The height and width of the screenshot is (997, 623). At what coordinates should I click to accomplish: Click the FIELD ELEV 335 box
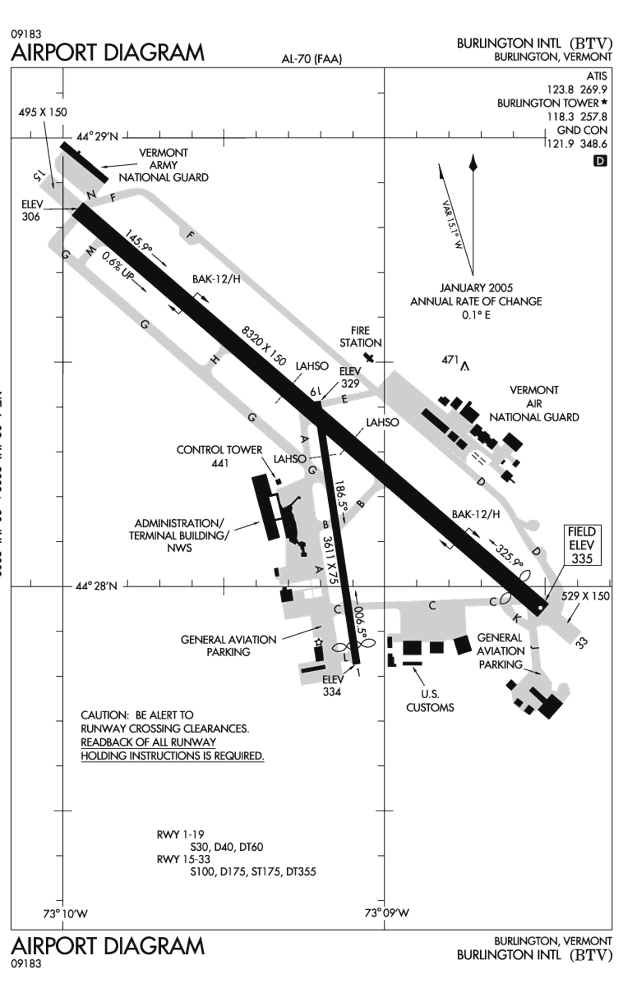pos(582,545)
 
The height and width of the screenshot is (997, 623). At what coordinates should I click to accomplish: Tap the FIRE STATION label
pos(360,337)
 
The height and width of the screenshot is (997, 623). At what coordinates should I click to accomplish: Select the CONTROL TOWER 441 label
pos(220,456)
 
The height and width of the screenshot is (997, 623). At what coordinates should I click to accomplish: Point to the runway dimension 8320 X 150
pos(264,345)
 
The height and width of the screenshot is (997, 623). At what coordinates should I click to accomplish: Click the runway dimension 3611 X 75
pos(330,560)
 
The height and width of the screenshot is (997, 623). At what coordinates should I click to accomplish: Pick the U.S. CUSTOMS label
pos(430,701)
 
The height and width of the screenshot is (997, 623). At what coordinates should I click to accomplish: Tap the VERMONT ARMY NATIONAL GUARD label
pos(164,165)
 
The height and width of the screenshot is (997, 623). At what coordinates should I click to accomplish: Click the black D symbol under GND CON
pos(600,161)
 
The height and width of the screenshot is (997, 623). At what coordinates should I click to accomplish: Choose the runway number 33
pos(582,643)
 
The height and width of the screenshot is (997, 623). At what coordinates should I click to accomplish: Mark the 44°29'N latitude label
pos(97,137)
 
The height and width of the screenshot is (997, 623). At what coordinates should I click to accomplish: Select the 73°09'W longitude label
pos(387,913)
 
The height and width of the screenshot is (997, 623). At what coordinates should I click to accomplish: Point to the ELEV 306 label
pos(32,210)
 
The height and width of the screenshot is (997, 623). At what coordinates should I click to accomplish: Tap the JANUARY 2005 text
pos(476,288)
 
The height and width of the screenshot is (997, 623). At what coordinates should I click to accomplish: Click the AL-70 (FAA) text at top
pos(311,59)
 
